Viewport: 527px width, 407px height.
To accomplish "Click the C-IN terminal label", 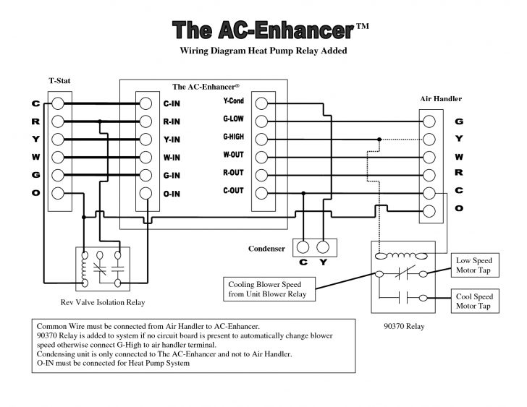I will click(x=172, y=104).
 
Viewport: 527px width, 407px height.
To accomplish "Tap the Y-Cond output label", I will click(x=234, y=102).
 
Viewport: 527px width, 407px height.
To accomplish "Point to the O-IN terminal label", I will click(x=172, y=194).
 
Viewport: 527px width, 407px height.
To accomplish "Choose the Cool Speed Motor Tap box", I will click(x=473, y=301).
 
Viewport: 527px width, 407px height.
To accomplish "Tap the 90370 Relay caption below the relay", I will click(x=403, y=326).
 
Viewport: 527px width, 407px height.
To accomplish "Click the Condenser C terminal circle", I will click(x=303, y=245).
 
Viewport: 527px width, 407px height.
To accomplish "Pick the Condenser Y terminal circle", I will click(x=324, y=245).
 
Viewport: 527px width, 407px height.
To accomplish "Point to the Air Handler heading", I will click(x=441, y=98).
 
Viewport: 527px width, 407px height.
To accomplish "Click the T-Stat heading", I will click(x=59, y=81).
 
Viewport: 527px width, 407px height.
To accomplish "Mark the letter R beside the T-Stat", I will click(x=35, y=121).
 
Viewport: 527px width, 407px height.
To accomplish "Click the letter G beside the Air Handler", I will click(x=459, y=121).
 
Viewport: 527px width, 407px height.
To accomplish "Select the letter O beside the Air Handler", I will click(x=459, y=208).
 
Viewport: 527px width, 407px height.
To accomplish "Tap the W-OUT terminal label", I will click(x=234, y=155).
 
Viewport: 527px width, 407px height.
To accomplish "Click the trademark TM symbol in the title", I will click(x=363, y=27).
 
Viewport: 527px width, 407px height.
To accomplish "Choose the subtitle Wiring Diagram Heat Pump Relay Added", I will click(x=263, y=51).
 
